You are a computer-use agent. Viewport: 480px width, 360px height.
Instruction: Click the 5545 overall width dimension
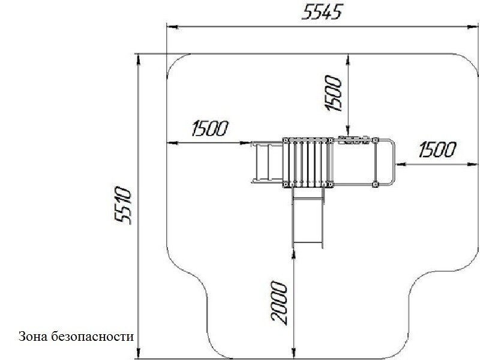(322, 13)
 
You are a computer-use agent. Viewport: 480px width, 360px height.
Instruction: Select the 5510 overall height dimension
(123, 205)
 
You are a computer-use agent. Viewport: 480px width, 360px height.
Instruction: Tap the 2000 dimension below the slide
(279, 303)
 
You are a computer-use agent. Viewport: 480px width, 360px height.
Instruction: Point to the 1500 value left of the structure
(210, 128)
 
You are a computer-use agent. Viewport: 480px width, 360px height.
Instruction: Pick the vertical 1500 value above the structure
(334, 93)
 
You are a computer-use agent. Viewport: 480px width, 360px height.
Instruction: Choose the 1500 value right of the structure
(437, 149)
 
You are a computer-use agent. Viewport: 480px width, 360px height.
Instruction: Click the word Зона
(33, 337)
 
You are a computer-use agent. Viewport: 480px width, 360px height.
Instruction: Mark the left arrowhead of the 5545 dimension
(172, 27)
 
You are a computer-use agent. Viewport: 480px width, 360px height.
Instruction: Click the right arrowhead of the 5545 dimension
(473, 27)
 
